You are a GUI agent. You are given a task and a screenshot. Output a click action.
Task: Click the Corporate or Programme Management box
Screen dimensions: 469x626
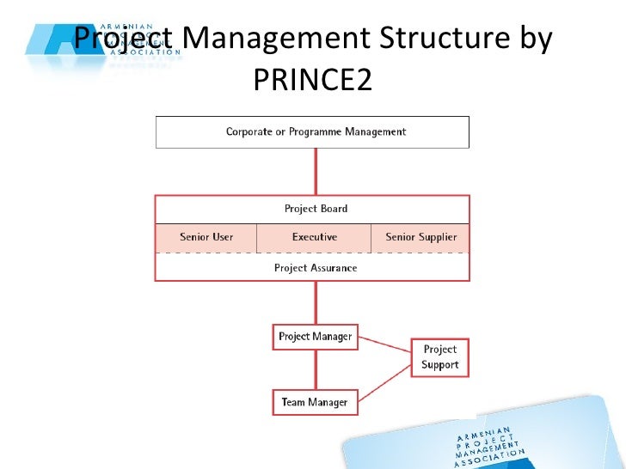tap(312, 132)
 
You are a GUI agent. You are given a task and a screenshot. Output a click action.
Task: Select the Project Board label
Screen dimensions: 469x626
tap(316, 209)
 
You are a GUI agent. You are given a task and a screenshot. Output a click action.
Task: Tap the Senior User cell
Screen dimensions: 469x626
tap(206, 237)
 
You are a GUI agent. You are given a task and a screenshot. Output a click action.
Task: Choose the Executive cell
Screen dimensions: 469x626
tap(314, 237)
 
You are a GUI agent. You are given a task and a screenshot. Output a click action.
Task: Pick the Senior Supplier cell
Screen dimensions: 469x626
tap(420, 237)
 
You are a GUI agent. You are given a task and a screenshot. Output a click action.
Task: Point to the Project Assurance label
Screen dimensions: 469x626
tap(316, 268)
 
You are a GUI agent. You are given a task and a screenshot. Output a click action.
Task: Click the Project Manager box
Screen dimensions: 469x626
tap(315, 337)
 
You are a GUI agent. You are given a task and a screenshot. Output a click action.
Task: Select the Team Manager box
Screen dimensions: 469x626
tap(314, 402)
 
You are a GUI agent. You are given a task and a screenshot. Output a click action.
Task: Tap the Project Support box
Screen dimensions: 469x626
tap(439, 357)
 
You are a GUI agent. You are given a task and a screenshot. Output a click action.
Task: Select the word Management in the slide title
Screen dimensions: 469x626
tap(276, 39)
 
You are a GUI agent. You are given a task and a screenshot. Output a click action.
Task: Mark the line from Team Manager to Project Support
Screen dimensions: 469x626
tap(384, 381)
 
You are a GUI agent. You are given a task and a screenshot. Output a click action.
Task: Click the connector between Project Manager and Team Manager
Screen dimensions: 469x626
tap(316, 369)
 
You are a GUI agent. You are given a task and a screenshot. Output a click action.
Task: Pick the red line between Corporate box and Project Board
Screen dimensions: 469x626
tap(316, 172)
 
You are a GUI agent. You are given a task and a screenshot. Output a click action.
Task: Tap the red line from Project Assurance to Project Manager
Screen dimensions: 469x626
tap(316, 302)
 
